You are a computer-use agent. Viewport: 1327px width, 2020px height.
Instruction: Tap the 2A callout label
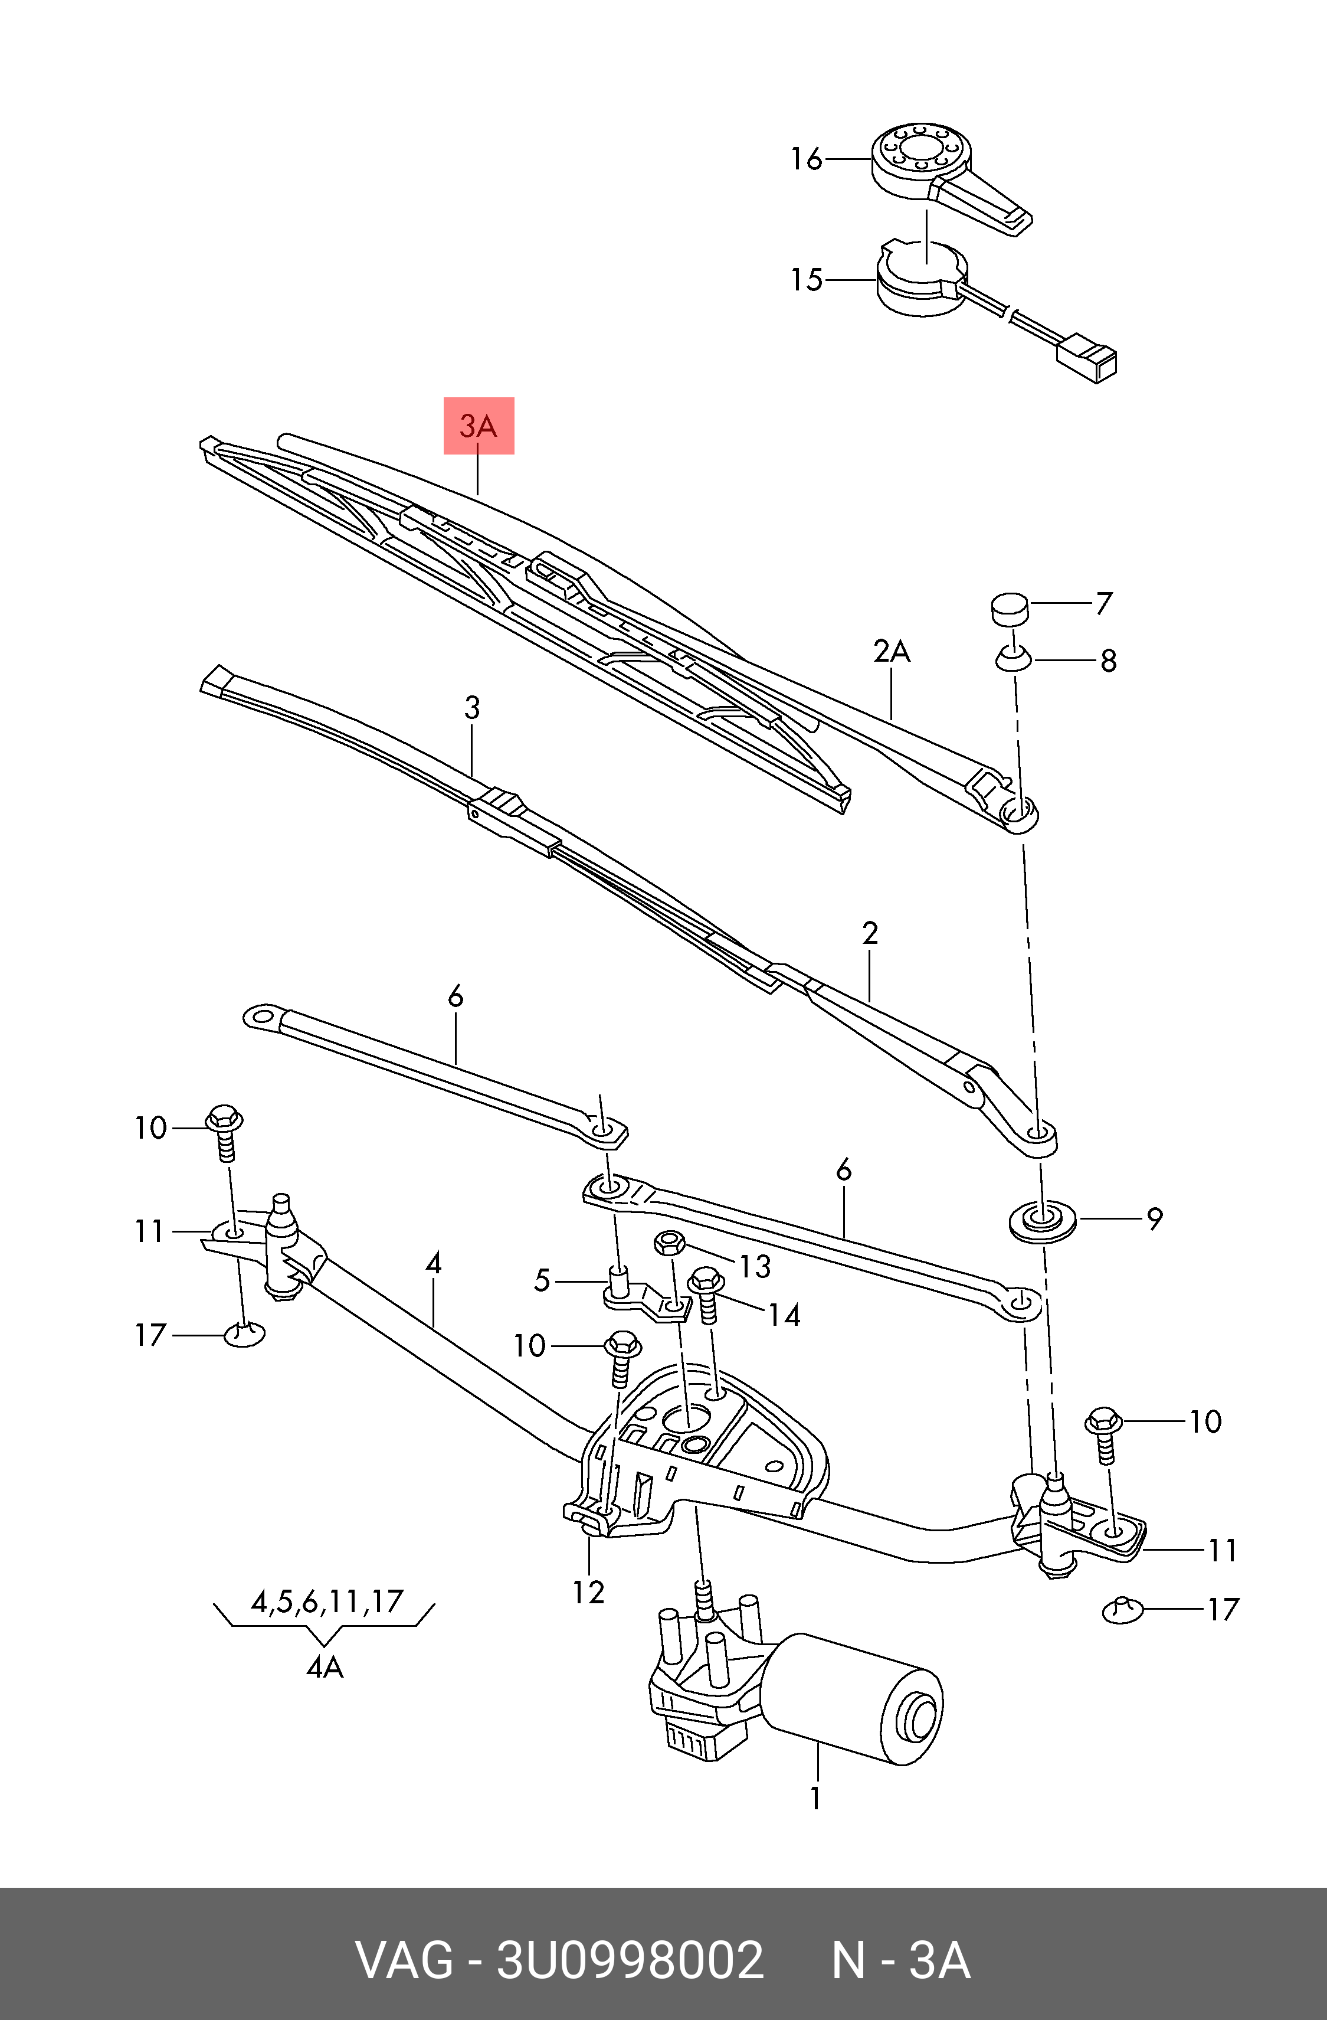(x=891, y=652)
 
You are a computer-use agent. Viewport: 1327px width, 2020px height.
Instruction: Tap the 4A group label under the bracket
(x=324, y=1667)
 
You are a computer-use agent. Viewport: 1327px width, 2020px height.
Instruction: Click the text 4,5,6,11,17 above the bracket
(x=327, y=1601)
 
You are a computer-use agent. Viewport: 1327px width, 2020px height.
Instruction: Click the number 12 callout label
(x=588, y=1591)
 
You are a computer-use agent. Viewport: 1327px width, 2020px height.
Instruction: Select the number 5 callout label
(x=542, y=1280)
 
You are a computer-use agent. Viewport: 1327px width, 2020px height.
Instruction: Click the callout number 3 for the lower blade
(x=473, y=707)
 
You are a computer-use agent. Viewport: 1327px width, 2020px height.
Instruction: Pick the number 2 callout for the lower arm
(x=870, y=934)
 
